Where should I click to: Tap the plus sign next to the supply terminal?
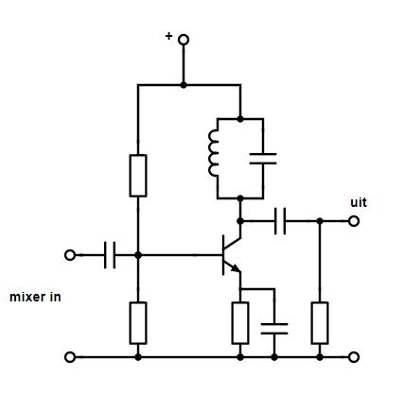[169, 36]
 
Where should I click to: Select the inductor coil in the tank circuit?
[213, 153]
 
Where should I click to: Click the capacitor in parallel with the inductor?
[263, 159]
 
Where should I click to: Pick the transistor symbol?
[231, 255]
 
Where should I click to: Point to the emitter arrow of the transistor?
[236, 268]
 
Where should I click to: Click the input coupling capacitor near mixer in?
[110, 255]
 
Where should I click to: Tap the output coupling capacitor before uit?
[280, 221]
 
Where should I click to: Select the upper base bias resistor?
[138, 176]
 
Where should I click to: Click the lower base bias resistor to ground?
[138, 323]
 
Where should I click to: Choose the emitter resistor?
[240, 323]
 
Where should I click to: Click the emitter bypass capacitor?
[274, 329]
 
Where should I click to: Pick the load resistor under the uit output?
[320, 323]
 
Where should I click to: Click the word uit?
[359, 202]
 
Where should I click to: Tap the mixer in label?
[35, 297]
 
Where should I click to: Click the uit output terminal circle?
[354, 221]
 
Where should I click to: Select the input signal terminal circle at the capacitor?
[70, 255]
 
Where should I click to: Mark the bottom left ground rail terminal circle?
[70, 357]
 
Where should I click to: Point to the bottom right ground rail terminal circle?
[354, 357]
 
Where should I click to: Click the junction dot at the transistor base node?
[138, 255]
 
